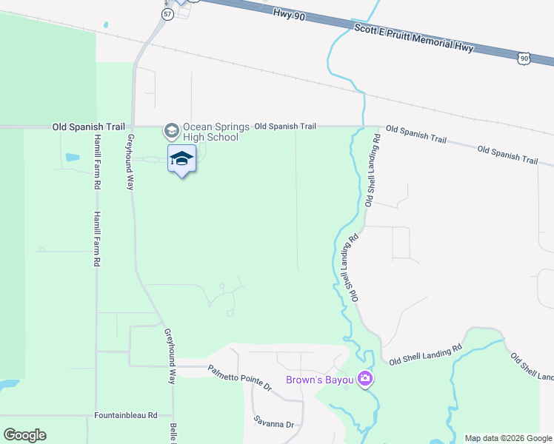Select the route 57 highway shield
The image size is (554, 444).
(x=168, y=15)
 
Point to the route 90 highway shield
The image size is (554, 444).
(x=524, y=58)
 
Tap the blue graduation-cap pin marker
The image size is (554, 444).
(x=182, y=159)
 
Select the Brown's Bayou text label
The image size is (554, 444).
(x=320, y=381)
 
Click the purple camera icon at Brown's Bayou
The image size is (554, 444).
(x=365, y=380)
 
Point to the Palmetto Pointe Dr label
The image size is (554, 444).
(x=239, y=377)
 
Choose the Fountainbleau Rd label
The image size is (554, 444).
(x=127, y=416)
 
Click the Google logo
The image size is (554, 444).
(x=24, y=435)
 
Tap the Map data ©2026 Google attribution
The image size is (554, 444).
(x=508, y=438)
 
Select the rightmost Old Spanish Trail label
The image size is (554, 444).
(x=507, y=155)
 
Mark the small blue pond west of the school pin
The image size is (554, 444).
(x=73, y=157)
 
